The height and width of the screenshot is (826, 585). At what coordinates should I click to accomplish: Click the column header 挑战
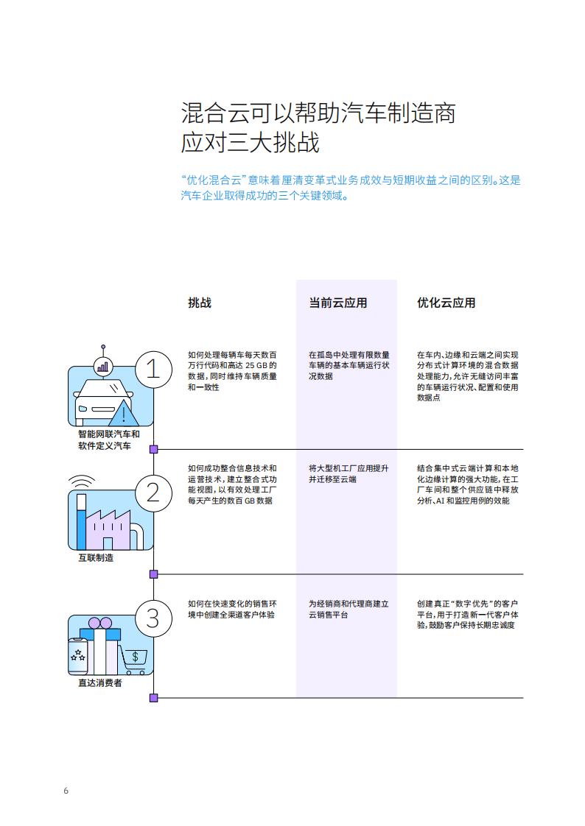pyautogui.click(x=200, y=303)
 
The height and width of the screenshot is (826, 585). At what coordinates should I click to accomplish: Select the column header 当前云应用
pyautogui.click(x=338, y=303)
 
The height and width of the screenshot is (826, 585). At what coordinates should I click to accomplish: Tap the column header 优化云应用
pyautogui.click(x=446, y=303)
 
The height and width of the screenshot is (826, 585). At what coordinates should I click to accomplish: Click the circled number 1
pyautogui.click(x=153, y=370)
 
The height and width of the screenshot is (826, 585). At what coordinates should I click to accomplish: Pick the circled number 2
pyautogui.click(x=153, y=493)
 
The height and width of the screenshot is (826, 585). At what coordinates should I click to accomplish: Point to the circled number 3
pyautogui.click(x=153, y=618)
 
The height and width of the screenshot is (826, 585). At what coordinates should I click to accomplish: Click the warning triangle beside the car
pyautogui.click(x=124, y=414)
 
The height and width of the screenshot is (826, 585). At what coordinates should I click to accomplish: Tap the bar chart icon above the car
pyautogui.click(x=102, y=366)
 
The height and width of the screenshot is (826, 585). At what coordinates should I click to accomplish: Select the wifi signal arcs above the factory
pyautogui.click(x=82, y=481)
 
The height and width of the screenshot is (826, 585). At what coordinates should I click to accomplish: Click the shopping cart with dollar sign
pyautogui.click(x=134, y=660)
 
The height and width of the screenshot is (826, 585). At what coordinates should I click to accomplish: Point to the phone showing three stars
pyautogui.click(x=78, y=657)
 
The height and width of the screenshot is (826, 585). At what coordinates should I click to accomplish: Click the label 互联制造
pyautogui.click(x=96, y=558)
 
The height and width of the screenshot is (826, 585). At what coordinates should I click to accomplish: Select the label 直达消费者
pyautogui.click(x=100, y=682)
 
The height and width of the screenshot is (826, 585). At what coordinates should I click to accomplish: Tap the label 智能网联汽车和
pyautogui.click(x=109, y=434)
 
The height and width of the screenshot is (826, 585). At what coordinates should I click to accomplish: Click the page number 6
pyautogui.click(x=66, y=791)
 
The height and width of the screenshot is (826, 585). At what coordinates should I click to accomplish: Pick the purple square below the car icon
pyautogui.click(x=154, y=449)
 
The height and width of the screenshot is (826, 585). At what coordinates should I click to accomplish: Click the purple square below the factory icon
pyautogui.click(x=154, y=574)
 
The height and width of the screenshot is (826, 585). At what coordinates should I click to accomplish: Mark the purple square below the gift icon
pyautogui.click(x=154, y=698)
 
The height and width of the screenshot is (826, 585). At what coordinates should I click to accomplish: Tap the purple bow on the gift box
pyautogui.click(x=100, y=624)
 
